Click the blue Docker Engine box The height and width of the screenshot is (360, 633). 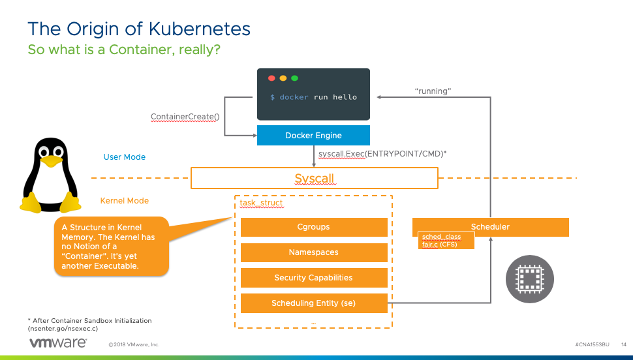(313, 136)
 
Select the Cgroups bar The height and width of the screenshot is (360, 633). (313, 227)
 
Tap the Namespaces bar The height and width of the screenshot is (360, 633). (313, 252)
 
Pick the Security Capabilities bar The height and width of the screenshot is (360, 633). (313, 278)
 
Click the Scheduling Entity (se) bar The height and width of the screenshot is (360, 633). (313, 303)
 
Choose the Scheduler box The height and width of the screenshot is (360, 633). (490, 227)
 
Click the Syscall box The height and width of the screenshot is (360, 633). (314, 178)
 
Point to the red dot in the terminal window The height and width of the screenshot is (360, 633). (271, 78)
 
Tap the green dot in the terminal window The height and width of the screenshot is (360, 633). (294, 78)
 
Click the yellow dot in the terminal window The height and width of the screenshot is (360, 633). (283, 78)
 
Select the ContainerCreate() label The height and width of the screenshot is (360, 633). (185, 117)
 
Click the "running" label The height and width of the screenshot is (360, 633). (433, 91)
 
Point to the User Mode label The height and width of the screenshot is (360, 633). (125, 157)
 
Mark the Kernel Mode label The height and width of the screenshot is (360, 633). (125, 201)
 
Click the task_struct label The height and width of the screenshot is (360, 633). (261, 203)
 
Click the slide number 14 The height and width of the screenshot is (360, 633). (623, 344)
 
